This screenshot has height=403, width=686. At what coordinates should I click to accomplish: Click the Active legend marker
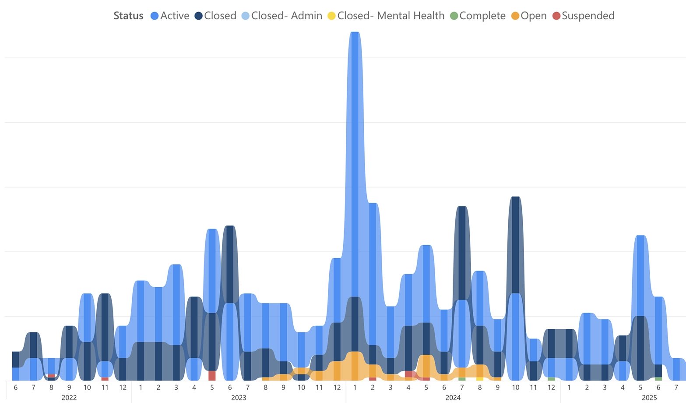(x=155, y=16)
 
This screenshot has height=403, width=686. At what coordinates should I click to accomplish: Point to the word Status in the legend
(x=128, y=16)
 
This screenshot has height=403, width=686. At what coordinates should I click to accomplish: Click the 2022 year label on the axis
(x=69, y=398)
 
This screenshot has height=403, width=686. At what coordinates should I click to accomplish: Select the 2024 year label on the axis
(x=453, y=398)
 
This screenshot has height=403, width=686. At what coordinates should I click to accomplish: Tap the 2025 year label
(x=649, y=398)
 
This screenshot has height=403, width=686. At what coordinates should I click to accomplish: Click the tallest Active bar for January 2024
(x=355, y=132)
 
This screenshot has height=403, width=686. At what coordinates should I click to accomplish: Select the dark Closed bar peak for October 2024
(x=515, y=241)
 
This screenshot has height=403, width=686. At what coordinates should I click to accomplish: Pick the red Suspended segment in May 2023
(x=212, y=376)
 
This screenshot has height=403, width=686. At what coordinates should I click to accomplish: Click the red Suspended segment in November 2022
(x=105, y=379)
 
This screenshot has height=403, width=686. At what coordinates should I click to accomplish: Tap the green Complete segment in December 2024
(x=551, y=379)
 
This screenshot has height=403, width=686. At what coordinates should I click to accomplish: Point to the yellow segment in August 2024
(x=480, y=379)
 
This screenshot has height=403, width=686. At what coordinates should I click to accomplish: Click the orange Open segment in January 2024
(x=355, y=366)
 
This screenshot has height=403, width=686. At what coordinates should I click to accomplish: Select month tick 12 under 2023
(x=337, y=388)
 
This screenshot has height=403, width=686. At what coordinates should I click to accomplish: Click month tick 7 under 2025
(x=676, y=388)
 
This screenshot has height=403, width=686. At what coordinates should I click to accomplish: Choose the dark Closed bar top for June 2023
(x=230, y=263)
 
